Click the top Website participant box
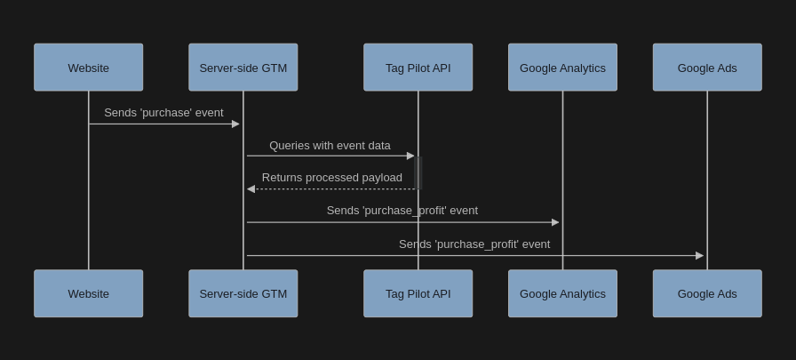(x=88, y=68)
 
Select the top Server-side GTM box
(x=243, y=68)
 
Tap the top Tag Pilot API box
(x=418, y=68)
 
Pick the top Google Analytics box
(x=562, y=68)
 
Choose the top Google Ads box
(x=707, y=68)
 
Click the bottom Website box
(x=88, y=293)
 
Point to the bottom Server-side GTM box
(x=243, y=293)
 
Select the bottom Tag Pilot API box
(x=418, y=293)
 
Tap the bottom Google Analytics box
(x=562, y=293)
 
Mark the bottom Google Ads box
(x=707, y=293)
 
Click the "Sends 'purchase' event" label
(x=163, y=113)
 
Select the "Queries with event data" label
(x=330, y=145)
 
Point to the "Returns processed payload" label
(x=331, y=178)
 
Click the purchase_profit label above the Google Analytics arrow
(x=402, y=211)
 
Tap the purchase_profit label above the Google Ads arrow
(x=474, y=244)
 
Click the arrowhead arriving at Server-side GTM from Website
(x=235, y=124)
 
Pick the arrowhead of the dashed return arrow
(x=251, y=189)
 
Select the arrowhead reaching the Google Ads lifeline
(x=699, y=256)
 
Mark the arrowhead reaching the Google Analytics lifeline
(x=555, y=222)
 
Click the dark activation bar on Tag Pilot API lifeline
(x=418, y=172)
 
